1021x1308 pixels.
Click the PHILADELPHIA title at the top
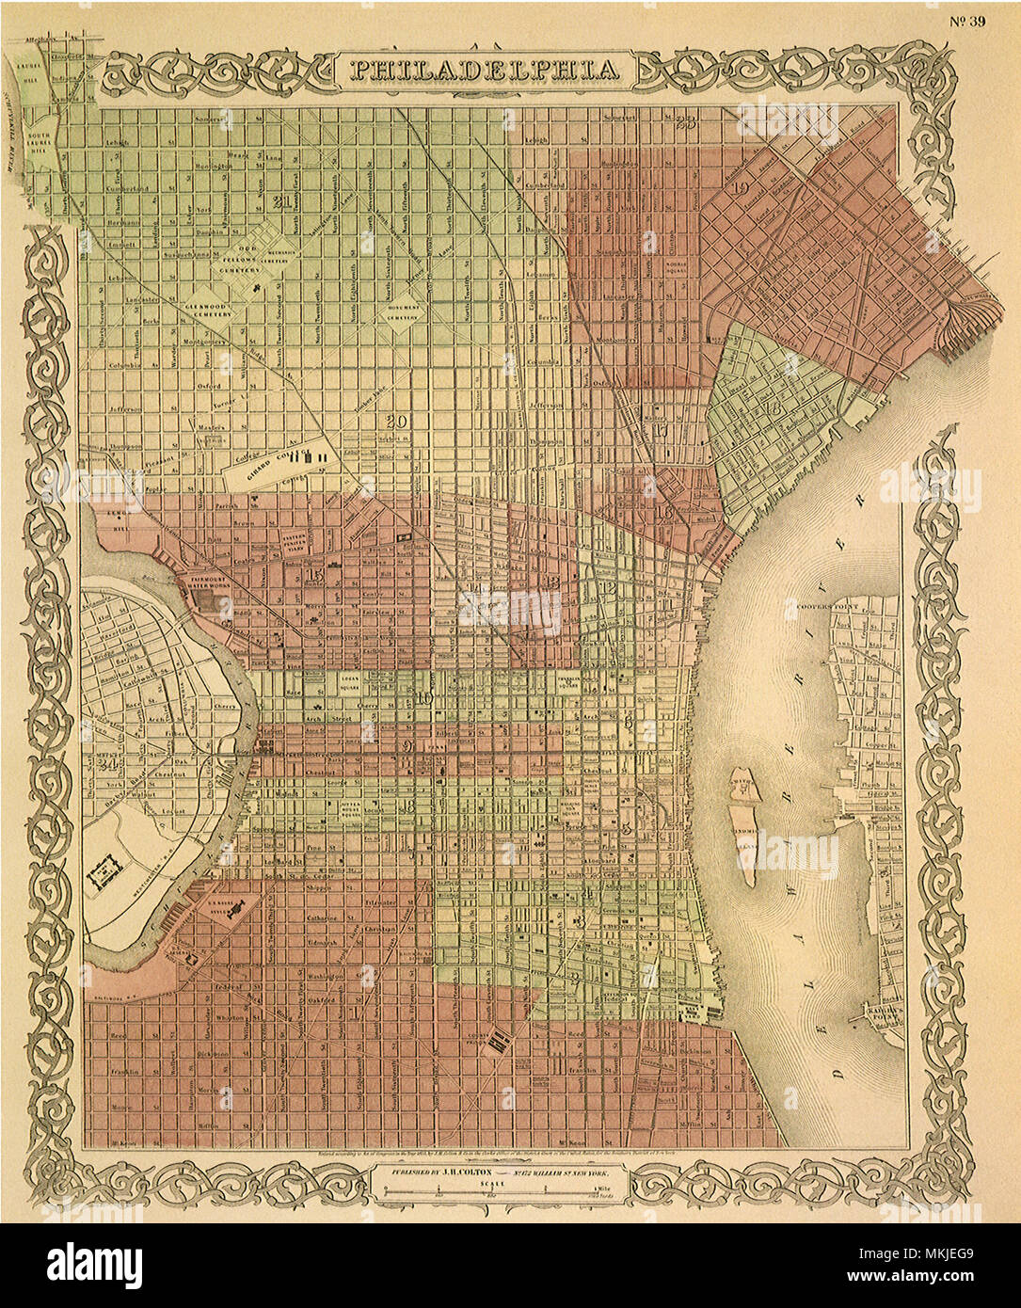486,70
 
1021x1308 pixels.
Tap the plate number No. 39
965,23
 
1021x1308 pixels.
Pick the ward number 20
396,422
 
